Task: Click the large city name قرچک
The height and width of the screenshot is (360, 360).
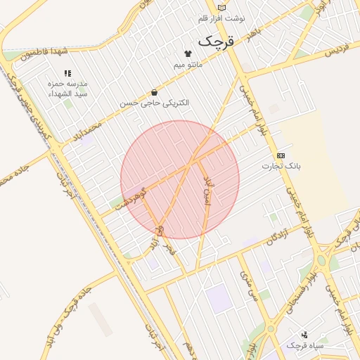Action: [215, 40]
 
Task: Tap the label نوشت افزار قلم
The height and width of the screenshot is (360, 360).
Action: [221, 18]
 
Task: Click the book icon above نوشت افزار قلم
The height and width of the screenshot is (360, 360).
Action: [222, 7]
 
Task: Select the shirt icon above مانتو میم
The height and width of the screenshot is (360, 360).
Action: [188, 53]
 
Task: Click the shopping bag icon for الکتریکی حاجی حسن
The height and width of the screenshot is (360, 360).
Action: [154, 92]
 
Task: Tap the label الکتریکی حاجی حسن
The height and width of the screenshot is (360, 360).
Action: [154, 103]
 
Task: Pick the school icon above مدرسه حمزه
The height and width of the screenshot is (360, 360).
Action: [67, 73]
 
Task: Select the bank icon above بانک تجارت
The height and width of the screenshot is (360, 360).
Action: [281, 155]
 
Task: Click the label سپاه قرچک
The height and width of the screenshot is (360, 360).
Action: [304, 346]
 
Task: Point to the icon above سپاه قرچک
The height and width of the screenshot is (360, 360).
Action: [304, 335]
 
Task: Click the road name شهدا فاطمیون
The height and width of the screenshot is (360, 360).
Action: [44, 51]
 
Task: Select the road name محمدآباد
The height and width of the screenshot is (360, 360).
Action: [87, 130]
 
